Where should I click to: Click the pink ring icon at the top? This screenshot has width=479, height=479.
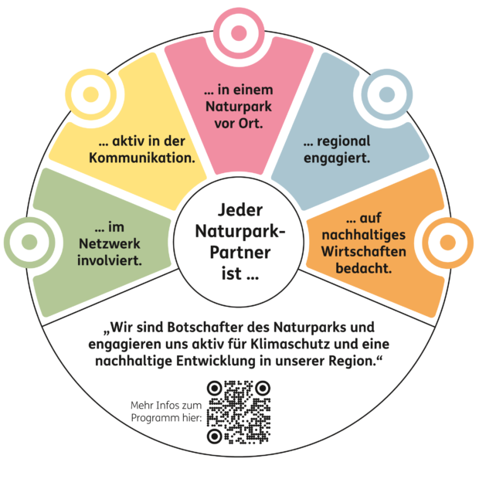(239, 29)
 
